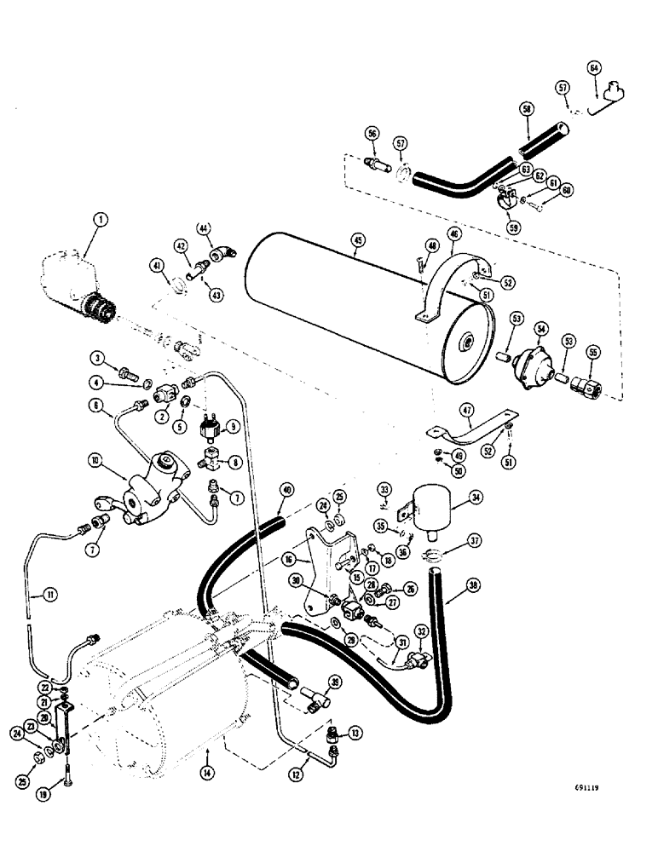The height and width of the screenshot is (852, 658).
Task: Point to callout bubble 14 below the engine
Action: pos(209,750)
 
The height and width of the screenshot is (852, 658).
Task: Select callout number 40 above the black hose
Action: pos(286,489)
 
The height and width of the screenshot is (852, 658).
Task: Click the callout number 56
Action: pos(372,134)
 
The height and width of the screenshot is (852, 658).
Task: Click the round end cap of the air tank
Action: pos(468,342)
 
